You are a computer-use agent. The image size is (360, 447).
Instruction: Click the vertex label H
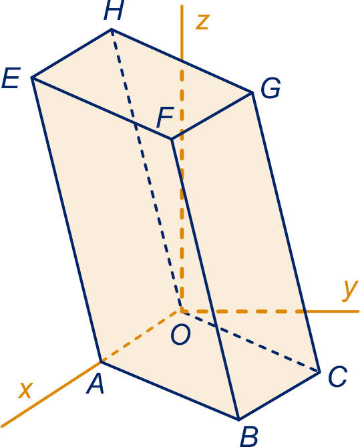[x=114, y=10]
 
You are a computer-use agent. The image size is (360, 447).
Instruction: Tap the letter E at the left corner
[x=11, y=78]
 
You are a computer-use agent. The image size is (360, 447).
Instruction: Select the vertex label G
[x=271, y=88]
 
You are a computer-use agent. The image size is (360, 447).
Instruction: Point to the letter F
[x=165, y=117]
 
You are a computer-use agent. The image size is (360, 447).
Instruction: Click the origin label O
[x=180, y=335]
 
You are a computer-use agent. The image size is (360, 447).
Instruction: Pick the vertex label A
[x=96, y=384]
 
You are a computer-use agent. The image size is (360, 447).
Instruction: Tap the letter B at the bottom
[x=249, y=437]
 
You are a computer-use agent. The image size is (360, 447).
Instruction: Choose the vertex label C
[x=337, y=376]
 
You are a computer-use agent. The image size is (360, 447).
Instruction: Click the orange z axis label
[x=202, y=22]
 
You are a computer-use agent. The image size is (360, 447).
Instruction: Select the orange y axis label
[x=350, y=290]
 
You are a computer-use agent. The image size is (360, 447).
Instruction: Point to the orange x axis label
[x=25, y=390]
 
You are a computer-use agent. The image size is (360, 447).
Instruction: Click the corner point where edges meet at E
[x=32, y=78]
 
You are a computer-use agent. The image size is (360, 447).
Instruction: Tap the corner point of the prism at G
[x=252, y=92]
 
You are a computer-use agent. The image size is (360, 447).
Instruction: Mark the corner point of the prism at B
[x=239, y=420]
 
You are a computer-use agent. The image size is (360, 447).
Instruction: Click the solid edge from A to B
[x=170, y=391]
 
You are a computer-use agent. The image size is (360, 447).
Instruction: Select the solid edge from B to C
[x=279, y=396]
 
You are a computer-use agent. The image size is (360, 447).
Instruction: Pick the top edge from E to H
[x=71, y=53]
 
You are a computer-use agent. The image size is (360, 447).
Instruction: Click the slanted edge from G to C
[x=286, y=232]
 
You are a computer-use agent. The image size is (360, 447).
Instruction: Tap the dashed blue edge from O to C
[x=250, y=342]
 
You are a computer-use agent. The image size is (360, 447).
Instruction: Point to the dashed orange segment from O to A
[x=141, y=337]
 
